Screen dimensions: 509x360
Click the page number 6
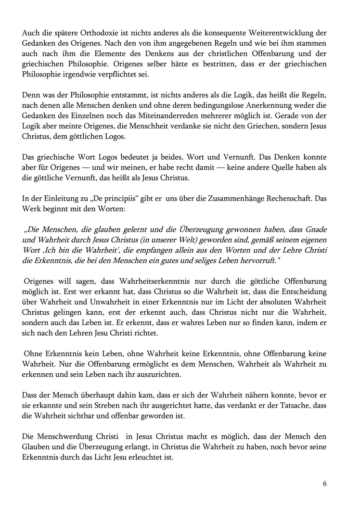point(325,484)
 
